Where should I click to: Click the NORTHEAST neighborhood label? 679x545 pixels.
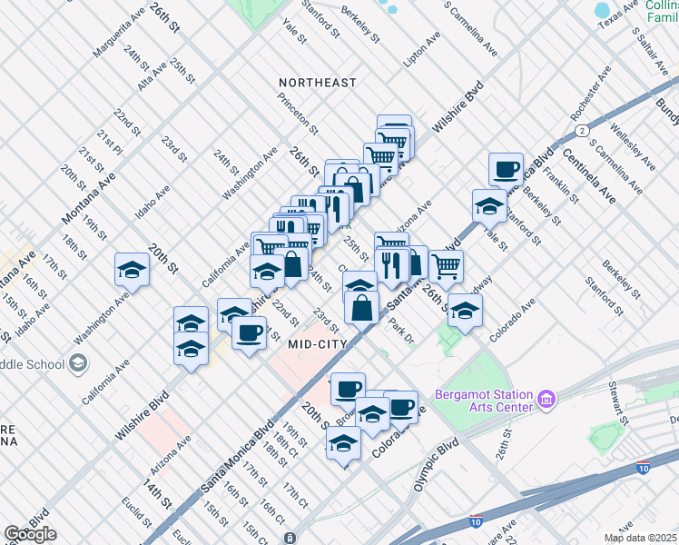tap(317, 83)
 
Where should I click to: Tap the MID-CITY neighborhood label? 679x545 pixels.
tap(318, 344)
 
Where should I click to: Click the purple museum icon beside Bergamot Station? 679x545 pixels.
tap(546, 398)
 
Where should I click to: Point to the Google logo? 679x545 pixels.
tap(30, 534)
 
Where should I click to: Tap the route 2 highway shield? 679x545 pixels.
tap(578, 130)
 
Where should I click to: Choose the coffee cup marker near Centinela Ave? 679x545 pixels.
tap(506, 169)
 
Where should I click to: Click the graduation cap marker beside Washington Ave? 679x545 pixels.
tap(133, 270)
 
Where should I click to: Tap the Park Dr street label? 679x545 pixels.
tap(400, 331)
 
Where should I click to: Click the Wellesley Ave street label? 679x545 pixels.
tap(633, 146)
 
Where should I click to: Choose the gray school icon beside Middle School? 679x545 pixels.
tap(78, 364)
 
